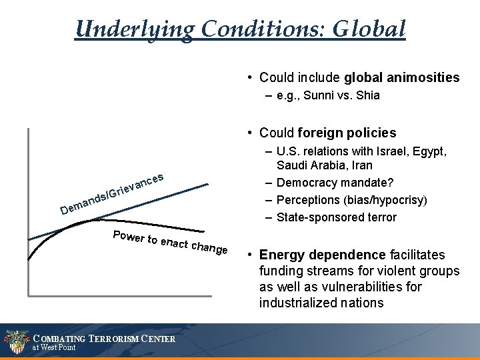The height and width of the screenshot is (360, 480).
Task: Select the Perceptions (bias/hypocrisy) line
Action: tap(352, 199)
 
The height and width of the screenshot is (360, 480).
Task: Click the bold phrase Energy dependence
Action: tap(321, 255)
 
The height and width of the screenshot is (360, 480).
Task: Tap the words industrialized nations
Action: tap(321, 303)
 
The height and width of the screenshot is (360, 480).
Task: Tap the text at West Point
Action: tap(54, 347)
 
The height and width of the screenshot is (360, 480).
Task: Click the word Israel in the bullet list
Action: tap(396, 151)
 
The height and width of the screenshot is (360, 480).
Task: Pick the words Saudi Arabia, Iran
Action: tap(325, 165)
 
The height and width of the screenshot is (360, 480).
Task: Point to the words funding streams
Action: tap(297, 271)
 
